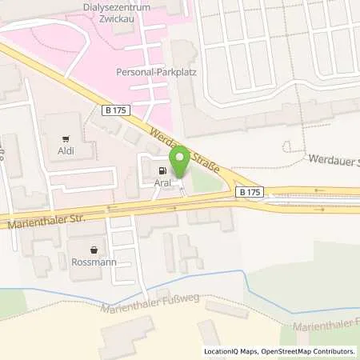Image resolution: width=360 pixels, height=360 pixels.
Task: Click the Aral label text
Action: coord(164,182)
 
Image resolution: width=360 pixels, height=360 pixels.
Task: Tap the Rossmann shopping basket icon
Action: coord(96,249)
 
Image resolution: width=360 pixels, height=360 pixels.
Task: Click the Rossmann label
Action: coord(96,262)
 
